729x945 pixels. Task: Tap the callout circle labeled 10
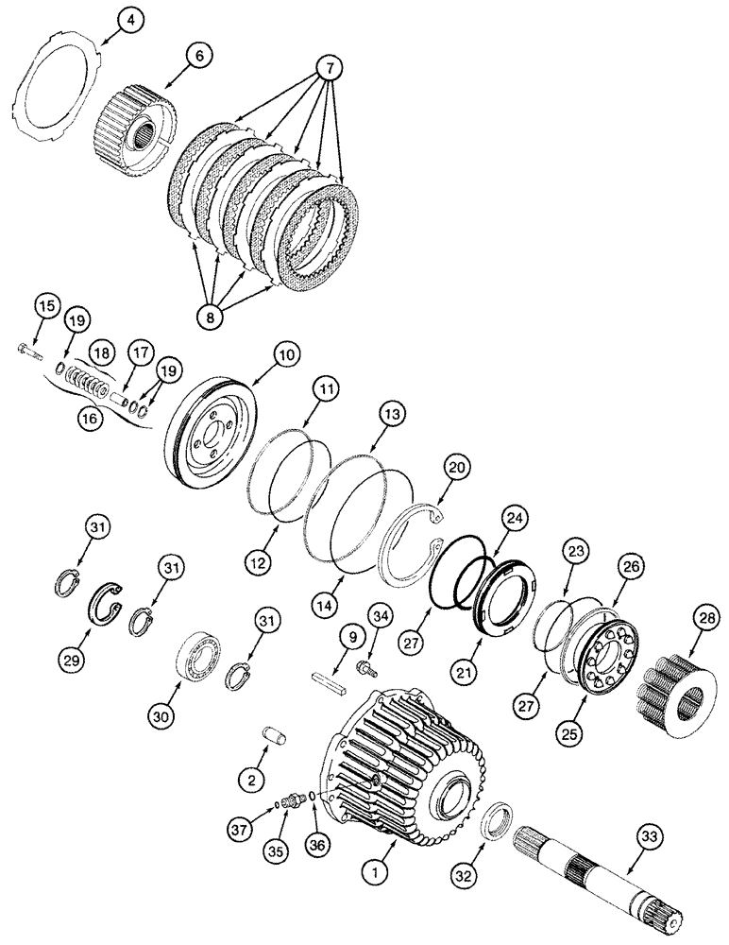tap(284, 354)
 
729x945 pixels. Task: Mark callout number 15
tap(47, 306)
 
